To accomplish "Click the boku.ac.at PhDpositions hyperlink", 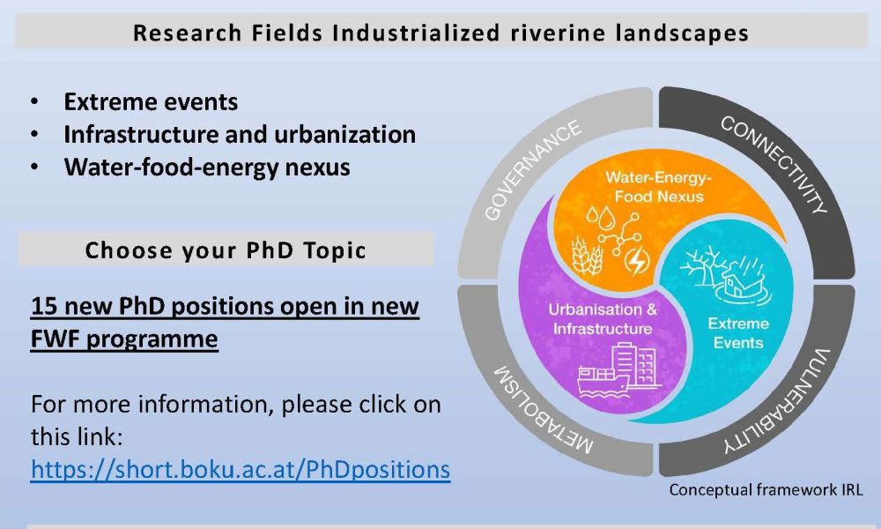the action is [241, 470].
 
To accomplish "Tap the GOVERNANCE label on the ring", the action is [532, 170].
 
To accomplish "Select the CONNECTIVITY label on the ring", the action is [774, 165].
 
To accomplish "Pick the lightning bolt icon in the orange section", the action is [637, 261].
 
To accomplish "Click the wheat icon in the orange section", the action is [588, 256].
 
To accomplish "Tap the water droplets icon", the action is [600, 218].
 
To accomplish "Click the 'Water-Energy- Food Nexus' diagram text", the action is [658, 187].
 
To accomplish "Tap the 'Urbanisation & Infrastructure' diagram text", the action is [603, 319].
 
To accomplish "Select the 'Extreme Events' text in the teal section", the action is [738, 332].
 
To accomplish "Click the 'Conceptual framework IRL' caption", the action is [766, 490].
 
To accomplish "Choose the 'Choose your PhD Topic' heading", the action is [226, 250].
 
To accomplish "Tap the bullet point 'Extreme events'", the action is [151, 101].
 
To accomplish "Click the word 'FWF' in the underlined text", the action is [55, 339].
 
